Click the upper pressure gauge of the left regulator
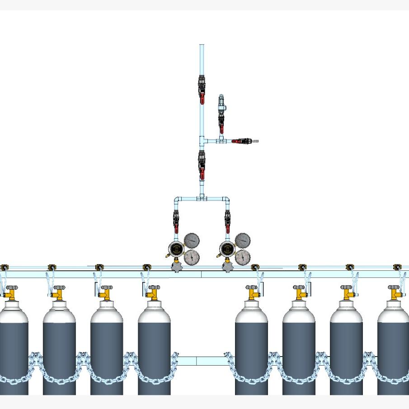coord(192,240)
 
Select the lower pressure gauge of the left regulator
coord(192,257)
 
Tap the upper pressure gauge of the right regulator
coord(243,240)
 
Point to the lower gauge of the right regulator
coord(243,257)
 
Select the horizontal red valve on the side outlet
coord(240,141)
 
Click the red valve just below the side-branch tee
coord(202,165)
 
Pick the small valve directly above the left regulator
coord(176,219)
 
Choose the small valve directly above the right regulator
coord(227,219)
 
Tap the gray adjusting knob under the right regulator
coord(228,268)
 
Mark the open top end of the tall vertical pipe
coord(202,45)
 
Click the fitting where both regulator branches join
coord(202,197)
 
